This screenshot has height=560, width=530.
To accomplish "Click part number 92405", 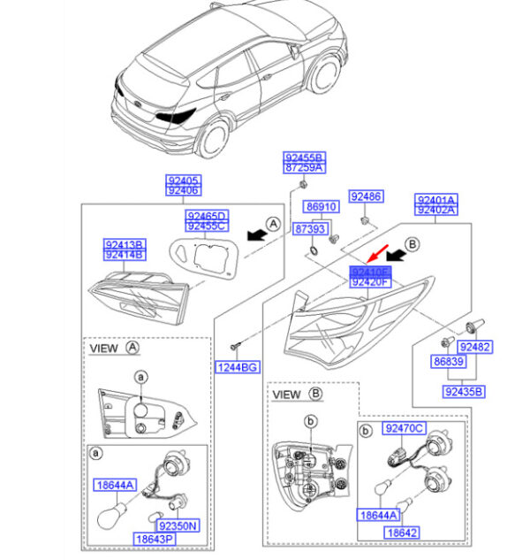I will point(184,179).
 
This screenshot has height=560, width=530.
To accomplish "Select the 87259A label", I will point(304,167).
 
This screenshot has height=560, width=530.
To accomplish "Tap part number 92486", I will point(365,196).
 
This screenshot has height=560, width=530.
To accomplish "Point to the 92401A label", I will point(436,199).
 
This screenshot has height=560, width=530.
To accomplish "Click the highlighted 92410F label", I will point(369,272).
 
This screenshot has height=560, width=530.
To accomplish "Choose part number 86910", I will point(322,207).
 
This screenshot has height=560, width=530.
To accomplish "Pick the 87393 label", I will point(309,228).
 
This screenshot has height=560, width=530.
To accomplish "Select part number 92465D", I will point(207,216).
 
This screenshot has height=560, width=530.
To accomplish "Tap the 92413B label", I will point(125,244).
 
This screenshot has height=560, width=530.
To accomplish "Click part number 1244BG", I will point(237,366).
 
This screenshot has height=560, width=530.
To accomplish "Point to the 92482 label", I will point(475,347).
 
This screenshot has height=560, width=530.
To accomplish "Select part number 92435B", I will point(464,390).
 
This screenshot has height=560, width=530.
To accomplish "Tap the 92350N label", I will point(178,525).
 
